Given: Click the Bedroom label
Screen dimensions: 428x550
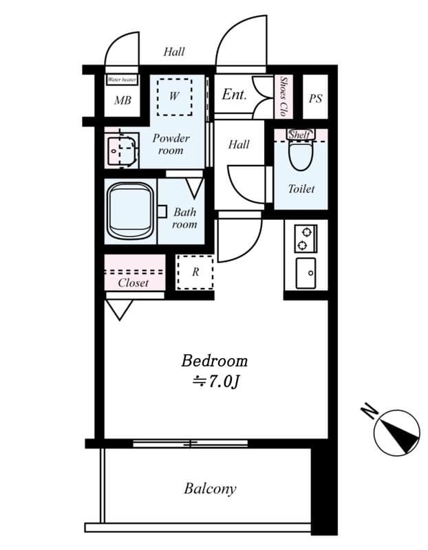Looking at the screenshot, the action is [215, 361].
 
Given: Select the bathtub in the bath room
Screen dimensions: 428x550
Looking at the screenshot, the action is [131, 211].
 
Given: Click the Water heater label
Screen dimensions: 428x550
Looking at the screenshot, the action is [122, 80].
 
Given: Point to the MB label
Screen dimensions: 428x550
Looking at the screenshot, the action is [122, 100].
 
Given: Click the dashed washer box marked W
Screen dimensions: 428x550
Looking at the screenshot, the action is [175, 96].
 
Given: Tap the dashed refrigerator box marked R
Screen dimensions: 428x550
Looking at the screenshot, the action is [195, 272].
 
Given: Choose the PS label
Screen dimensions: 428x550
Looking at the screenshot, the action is [315, 98].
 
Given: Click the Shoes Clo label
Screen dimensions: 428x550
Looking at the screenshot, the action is [283, 96].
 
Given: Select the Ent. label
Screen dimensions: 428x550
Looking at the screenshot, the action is [235, 94].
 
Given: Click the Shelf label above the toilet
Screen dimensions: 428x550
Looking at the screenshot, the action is [299, 134].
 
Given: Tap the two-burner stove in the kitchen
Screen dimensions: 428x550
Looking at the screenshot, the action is [306, 239].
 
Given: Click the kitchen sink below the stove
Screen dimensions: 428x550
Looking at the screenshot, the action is [306, 273].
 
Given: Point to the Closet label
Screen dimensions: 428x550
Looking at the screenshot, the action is [133, 283].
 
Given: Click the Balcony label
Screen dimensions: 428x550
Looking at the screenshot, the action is [210, 489].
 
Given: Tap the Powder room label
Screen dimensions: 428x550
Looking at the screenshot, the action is [171, 144].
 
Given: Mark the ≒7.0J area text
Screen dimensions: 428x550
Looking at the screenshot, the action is [215, 382].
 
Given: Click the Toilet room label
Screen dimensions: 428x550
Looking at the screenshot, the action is [301, 189].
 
